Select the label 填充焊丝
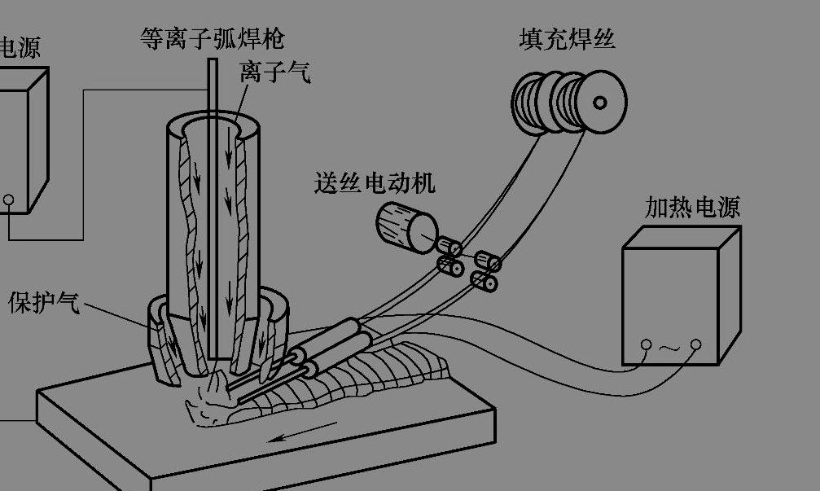[x=567, y=38]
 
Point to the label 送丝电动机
[x=375, y=182]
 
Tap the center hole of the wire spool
[x=600, y=103]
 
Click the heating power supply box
[x=680, y=297]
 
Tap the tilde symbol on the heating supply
[x=670, y=348]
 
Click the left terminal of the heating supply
[x=646, y=346]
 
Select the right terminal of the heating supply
[x=695, y=346]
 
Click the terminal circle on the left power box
[x=8, y=199]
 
